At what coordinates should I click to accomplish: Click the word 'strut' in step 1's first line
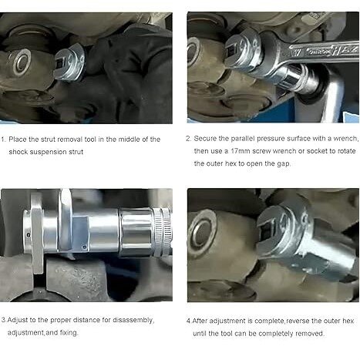pyautogui.click(x=49, y=140)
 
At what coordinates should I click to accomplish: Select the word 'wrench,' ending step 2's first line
pyautogui.click(x=345, y=139)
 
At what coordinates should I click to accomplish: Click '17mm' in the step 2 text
pyautogui.click(x=241, y=151)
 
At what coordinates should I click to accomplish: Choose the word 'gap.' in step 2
pyautogui.click(x=284, y=163)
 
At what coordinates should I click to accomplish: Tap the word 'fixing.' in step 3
pyautogui.click(x=69, y=333)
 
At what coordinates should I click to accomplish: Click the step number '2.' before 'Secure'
pyautogui.click(x=189, y=139)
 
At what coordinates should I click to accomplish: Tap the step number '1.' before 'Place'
pyautogui.click(x=4, y=140)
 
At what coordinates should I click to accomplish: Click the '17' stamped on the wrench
pyautogui.click(x=298, y=53)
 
